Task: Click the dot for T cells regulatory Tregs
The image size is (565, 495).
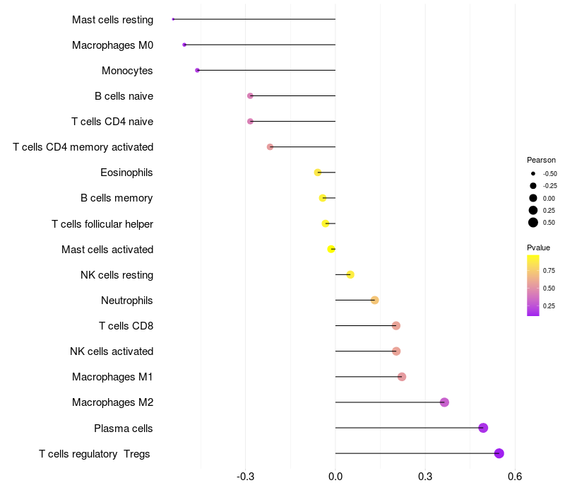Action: pyautogui.click(x=499, y=453)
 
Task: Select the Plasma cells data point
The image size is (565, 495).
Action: pyautogui.click(x=483, y=428)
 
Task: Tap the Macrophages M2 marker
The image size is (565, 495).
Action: pyautogui.click(x=444, y=402)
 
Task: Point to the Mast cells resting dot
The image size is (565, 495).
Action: pyautogui.click(x=173, y=19)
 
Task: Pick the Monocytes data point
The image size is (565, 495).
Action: pyautogui.click(x=198, y=70)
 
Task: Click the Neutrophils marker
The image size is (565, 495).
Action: pyautogui.click(x=375, y=301)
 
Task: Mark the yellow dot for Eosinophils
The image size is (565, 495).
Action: pyautogui.click(x=318, y=173)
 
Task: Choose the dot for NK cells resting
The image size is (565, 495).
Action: pyautogui.click(x=350, y=274)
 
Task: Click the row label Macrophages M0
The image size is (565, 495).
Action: pyautogui.click(x=112, y=45)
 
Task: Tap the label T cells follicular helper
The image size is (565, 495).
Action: pyautogui.click(x=102, y=224)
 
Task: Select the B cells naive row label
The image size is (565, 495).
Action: pyautogui.click(x=124, y=96)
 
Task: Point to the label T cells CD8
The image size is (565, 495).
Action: pyautogui.click(x=126, y=326)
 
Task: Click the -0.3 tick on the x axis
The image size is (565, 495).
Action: pyautogui.click(x=245, y=479)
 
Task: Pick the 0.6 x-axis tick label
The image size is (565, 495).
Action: pyautogui.click(x=514, y=479)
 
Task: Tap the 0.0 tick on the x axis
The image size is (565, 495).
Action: pyautogui.click(x=335, y=479)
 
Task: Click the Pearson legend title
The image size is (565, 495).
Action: pyautogui.click(x=541, y=160)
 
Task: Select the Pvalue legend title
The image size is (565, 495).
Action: pyautogui.click(x=538, y=248)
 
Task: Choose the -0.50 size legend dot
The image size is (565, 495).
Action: pyautogui.click(x=533, y=173)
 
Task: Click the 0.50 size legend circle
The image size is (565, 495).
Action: pyautogui.click(x=533, y=222)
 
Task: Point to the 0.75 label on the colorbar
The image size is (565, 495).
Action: pyautogui.click(x=549, y=270)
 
